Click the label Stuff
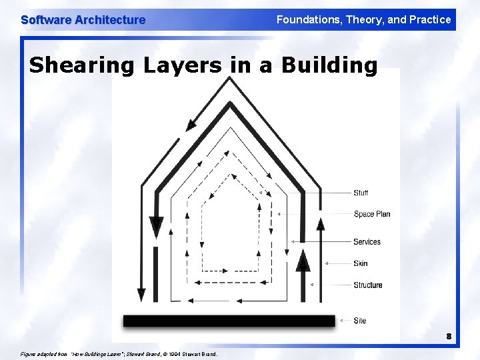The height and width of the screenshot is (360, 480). click(361, 193)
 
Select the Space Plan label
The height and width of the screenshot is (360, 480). click(371, 214)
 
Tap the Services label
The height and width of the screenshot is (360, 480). click(367, 242)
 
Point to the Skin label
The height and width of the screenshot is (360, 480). click(360, 263)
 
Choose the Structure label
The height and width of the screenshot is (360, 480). click(367, 285)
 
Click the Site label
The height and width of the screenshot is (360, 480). click(360, 321)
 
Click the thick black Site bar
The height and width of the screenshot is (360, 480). click(229, 321)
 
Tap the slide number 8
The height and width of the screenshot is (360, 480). click(449, 336)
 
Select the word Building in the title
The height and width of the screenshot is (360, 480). click(329, 65)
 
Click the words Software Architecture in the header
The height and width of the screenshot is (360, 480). click(83, 20)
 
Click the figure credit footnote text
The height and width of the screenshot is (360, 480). click(120, 353)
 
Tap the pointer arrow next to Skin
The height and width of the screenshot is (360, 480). click(327, 263)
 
